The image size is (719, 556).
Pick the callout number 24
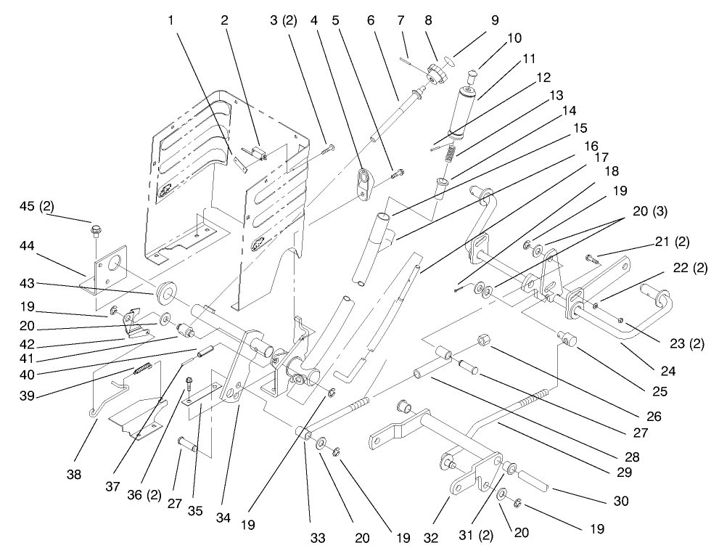667,371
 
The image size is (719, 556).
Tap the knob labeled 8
437,73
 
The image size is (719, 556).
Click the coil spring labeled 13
451,153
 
